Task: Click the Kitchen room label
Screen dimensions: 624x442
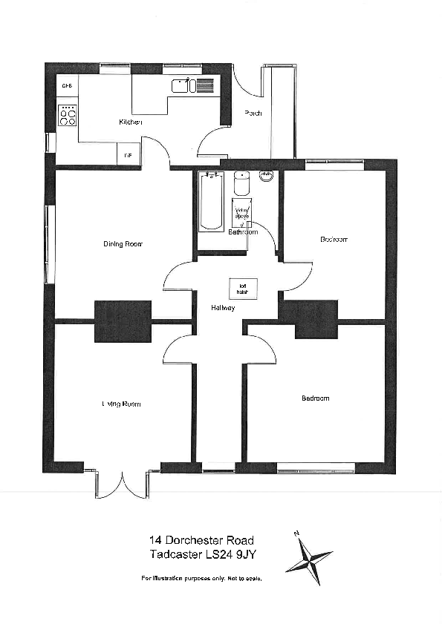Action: (130, 122)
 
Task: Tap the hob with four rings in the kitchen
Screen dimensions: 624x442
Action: (68, 115)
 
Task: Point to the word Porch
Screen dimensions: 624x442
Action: (253, 114)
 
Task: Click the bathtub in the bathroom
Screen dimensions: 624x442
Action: (211, 201)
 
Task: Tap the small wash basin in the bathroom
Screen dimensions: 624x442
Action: (267, 177)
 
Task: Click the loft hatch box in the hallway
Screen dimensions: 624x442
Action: (242, 287)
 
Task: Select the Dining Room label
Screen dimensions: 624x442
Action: (123, 243)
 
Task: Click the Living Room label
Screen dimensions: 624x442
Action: (121, 404)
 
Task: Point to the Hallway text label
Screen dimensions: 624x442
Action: (222, 307)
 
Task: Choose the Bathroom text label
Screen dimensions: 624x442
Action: (243, 232)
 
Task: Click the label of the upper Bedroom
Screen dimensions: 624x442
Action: (334, 240)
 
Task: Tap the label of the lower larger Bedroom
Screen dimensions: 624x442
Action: (315, 398)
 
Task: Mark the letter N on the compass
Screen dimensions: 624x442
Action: (296, 533)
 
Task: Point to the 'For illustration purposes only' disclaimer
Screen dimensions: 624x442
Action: (201, 577)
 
